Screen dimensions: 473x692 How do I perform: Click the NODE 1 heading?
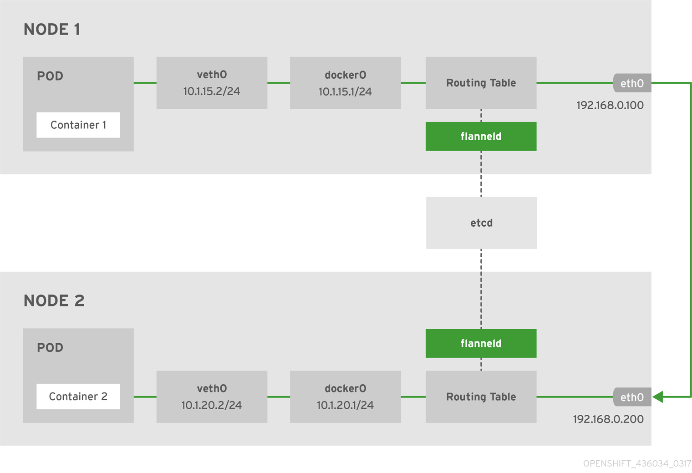click(x=52, y=30)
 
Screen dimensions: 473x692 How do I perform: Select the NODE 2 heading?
click(x=54, y=301)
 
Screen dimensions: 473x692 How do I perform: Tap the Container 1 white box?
click(x=78, y=125)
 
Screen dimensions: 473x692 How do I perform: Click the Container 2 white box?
click(x=78, y=397)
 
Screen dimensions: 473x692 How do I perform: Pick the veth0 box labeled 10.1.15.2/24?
click(x=212, y=83)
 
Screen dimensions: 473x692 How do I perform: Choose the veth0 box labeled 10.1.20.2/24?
click(x=212, y=397)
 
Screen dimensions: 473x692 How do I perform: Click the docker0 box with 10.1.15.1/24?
click(x=345, y=83)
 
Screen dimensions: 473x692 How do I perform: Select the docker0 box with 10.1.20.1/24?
click(x=345, y=397)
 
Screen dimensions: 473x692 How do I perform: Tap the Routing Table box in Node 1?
click(x=481, y=83)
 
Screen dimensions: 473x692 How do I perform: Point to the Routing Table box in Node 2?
click(x=481, y=397)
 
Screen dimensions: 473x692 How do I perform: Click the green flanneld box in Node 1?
click(x=481, y=136)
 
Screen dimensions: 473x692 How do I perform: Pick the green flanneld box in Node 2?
click(x=481, y=343)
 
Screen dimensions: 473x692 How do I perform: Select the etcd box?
click(x=481, y=223)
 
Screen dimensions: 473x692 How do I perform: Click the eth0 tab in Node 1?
click(x=632, y=83)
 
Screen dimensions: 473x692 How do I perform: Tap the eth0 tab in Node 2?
click(x=632, y=397)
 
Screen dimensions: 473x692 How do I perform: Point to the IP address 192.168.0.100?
click(x=610, y=105)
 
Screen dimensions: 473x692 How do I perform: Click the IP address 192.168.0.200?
click(x=608, y=419)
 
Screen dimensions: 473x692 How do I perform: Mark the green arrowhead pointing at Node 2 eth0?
click(x=658, y=397)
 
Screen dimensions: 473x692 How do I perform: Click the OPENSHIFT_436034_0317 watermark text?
click(x=637, y=463)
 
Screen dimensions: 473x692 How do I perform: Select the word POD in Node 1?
click(x=50, y=76)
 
